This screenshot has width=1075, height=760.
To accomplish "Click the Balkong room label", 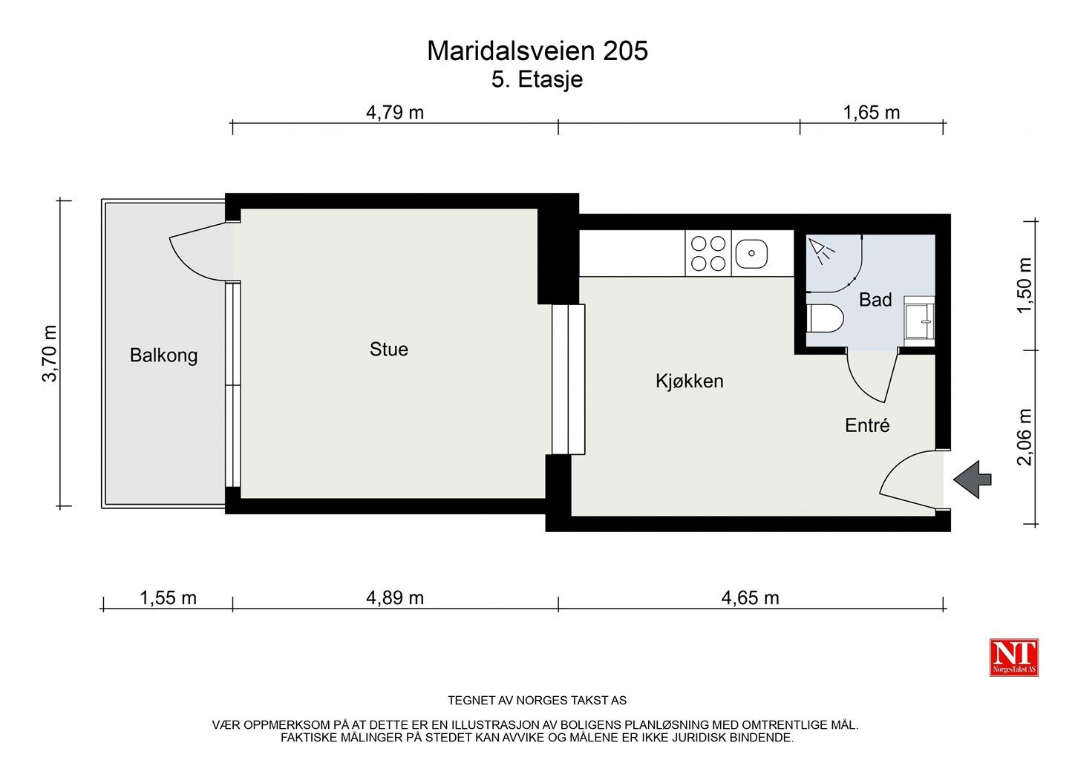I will point(163,356).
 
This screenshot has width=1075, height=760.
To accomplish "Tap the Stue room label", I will point(388,350).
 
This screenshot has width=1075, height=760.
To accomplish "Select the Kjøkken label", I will point(689,381).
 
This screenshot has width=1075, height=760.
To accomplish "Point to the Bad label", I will point(875,300).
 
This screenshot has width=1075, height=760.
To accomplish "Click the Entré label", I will point(867,426).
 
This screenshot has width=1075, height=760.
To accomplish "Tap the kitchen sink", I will point(751,254).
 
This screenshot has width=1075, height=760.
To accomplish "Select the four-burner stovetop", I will point(708,254).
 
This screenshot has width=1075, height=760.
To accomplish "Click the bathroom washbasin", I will point(919,321).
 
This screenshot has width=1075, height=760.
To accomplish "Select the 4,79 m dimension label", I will point(395,113).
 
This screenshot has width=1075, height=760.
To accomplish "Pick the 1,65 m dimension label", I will point(872,113).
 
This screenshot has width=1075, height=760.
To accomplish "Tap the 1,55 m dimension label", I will point(168,598).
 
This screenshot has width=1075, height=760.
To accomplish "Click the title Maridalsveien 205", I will point(537,51).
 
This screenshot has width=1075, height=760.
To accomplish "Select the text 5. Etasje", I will point(537,79).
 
